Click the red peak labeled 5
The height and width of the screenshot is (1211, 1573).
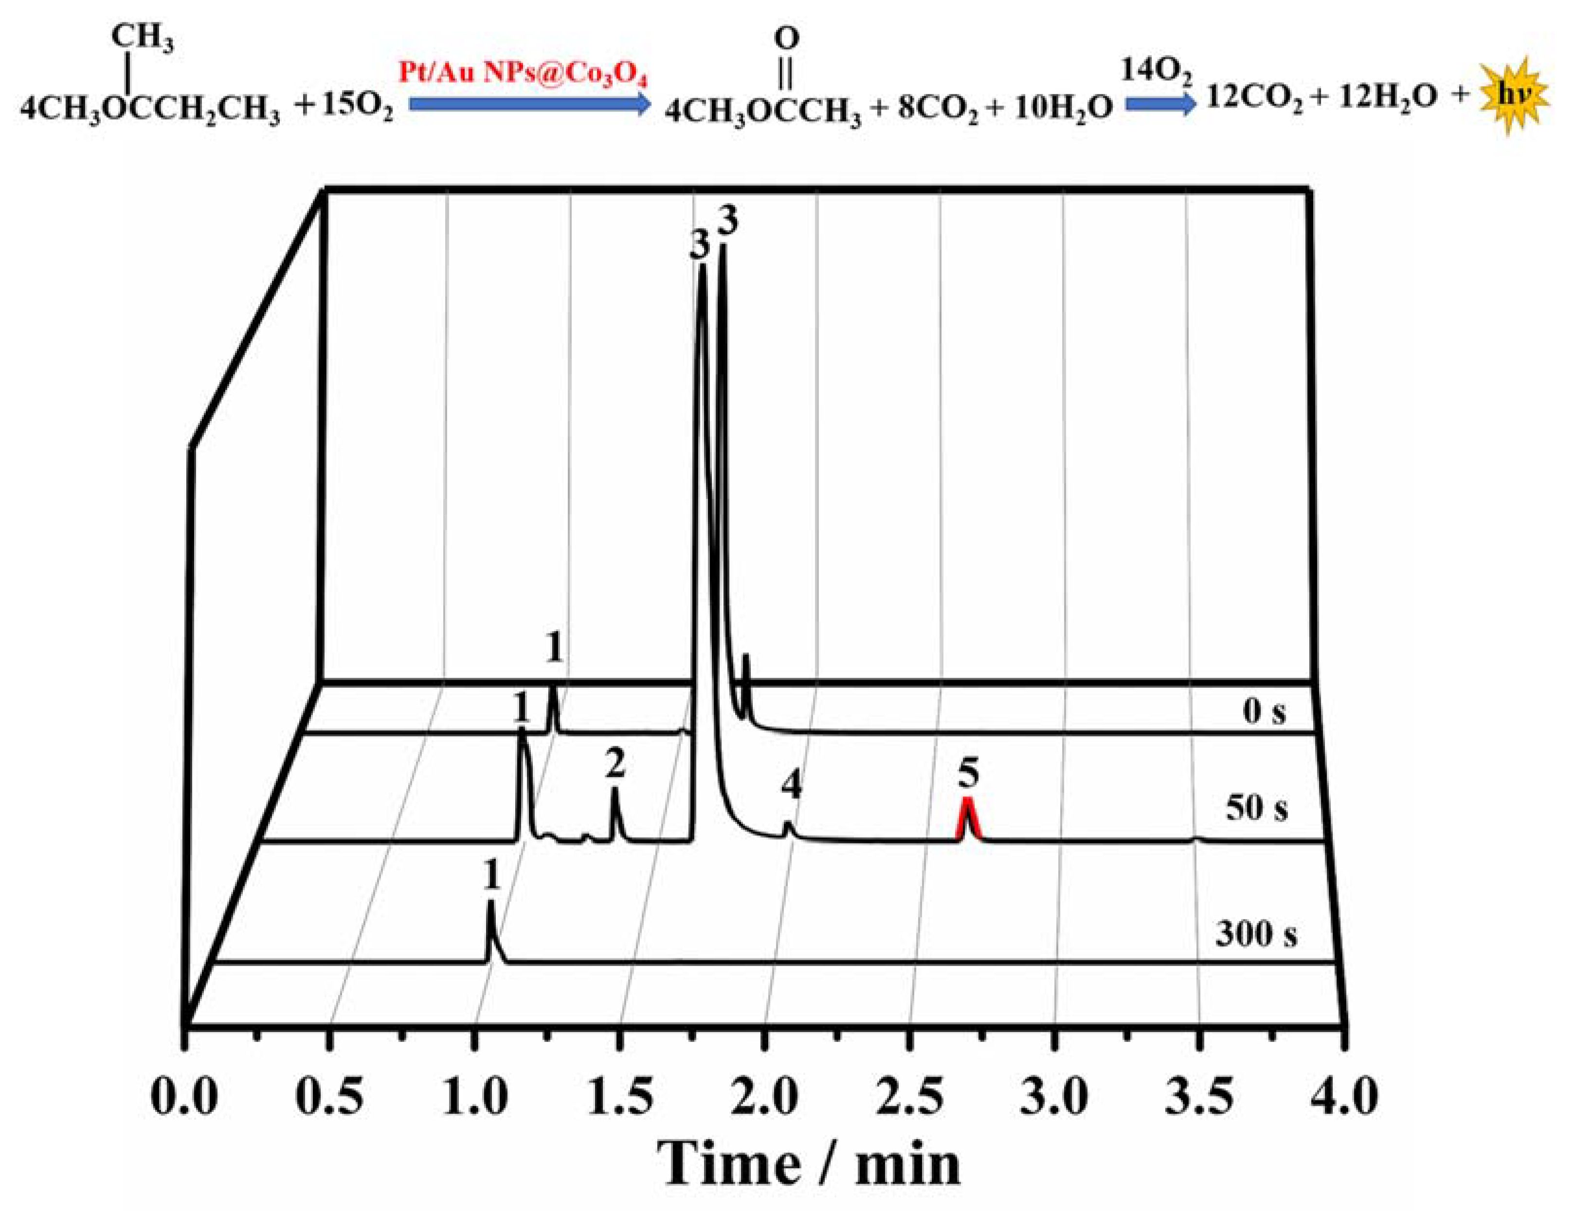click(968, 819)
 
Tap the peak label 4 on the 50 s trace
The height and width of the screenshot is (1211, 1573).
click(792, 785)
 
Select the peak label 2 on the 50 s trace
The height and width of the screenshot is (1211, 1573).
click(615, 765)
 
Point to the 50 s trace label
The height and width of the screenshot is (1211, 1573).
click(1257, 808)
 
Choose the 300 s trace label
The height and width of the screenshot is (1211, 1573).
click(1257, 935)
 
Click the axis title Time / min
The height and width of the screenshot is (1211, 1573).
click(808, 1164)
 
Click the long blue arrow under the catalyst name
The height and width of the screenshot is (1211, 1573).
click(529, 105)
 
